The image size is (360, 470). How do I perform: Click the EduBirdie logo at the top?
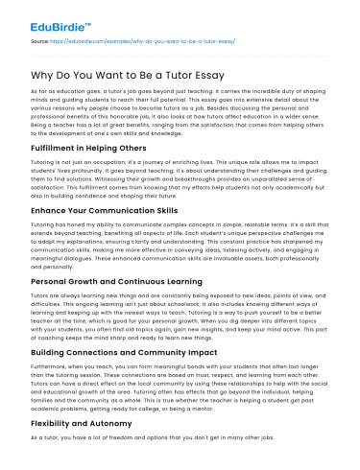tap(49, 15)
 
